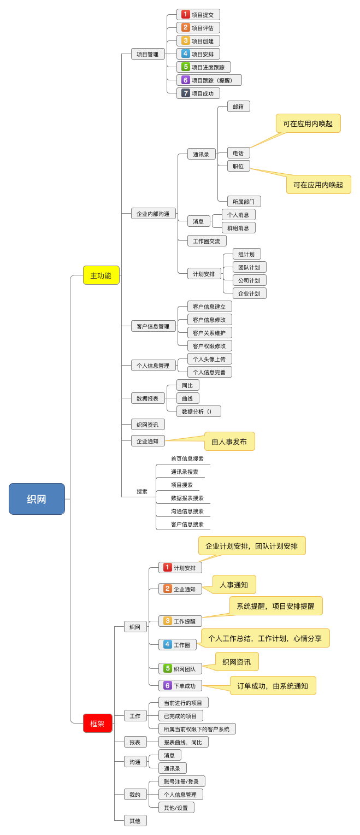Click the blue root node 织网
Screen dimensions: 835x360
(37, 499)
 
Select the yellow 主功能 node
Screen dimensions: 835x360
(101, 275)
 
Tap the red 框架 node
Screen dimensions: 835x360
(97, 724)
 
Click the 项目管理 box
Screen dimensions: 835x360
(147, 54)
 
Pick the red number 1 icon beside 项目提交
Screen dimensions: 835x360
(186, 15)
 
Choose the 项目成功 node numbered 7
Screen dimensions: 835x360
(198, 93)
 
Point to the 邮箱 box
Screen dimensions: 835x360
(238, 107)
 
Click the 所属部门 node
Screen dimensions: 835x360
(244, 202)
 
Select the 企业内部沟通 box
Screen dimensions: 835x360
(153, 214)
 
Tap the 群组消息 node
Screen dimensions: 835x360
(238, 228)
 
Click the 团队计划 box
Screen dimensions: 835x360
(249, 267)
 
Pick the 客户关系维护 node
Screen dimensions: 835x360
(209, 333)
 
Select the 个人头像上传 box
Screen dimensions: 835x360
(209, 359)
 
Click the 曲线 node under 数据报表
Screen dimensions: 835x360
(187, 398)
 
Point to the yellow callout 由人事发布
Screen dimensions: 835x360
(229, 442)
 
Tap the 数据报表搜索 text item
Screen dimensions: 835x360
(187, 498)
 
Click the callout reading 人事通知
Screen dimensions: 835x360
(234, 585)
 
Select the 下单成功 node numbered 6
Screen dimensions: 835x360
(180, 686)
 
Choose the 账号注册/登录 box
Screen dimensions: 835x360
(181, 781)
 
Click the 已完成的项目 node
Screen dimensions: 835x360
(180, 716)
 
